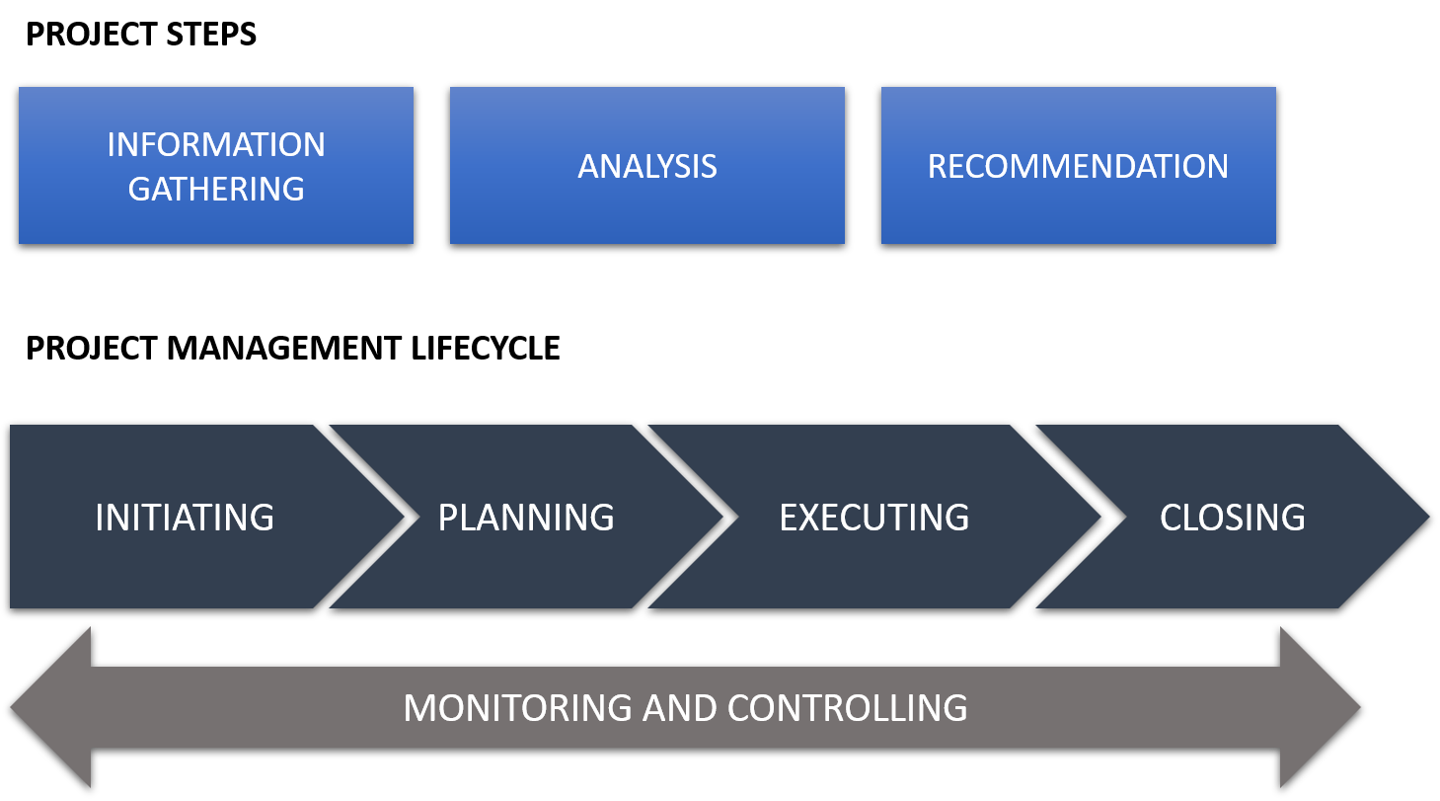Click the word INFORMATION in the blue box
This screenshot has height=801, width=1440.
click(216, 145)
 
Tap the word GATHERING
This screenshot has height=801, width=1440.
click(216, 188)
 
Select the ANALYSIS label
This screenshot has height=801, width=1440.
click(647, 166)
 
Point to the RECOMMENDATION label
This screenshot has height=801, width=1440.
click(1078, 166)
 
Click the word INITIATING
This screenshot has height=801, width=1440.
click(185, 518)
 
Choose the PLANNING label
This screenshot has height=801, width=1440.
click(526, 518)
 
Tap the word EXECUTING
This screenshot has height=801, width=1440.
click(874, 518)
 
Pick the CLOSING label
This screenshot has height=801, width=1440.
click(1232, 518)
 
